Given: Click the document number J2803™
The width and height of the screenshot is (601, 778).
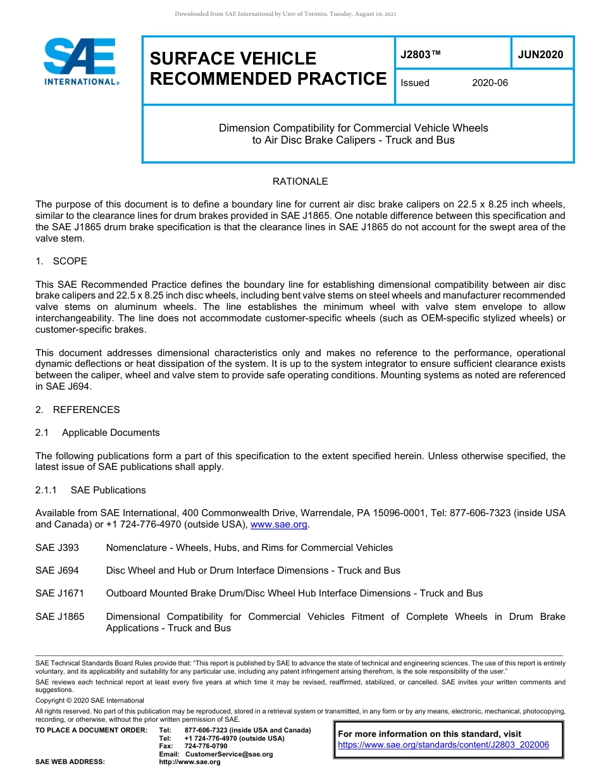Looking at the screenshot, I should pos(420,55).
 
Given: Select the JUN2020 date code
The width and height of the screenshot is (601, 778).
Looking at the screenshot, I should pos(540,55).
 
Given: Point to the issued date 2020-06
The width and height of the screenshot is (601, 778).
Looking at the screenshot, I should pos(490,83).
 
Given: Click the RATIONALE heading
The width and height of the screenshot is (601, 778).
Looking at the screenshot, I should pos(300,182).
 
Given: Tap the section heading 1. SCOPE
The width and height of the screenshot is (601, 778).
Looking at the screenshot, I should pos(61,261).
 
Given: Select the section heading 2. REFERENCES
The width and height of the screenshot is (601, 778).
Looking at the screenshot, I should pos(77,410).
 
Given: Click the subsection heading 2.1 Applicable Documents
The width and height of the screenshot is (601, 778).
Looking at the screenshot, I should pos(98,433).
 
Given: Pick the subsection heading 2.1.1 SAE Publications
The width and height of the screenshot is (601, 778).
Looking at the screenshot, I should pos(90,490).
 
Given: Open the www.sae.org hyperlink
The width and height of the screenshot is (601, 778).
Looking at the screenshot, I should pos(278,525).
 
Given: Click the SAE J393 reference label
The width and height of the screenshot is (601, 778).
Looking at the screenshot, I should pos(57,548).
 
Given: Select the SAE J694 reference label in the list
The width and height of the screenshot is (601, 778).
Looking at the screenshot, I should pos(57,571).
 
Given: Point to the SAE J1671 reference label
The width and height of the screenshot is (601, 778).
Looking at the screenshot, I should pos(59,593).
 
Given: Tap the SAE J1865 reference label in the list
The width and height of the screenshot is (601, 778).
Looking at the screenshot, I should pos(59,617).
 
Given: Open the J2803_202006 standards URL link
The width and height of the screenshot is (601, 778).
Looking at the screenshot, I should pos(443,745).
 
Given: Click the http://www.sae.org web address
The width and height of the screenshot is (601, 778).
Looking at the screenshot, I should pos(190,762).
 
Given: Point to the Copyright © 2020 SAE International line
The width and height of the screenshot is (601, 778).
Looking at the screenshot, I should pos(90,701).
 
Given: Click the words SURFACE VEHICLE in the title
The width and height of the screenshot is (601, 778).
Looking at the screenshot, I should pos(233,59).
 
